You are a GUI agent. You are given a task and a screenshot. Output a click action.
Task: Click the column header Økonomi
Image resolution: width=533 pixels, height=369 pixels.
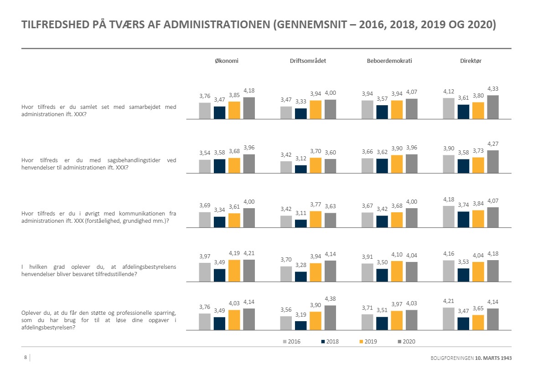click(227, 61)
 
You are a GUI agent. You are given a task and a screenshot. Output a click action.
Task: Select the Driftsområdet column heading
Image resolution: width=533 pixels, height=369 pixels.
click(308, 61)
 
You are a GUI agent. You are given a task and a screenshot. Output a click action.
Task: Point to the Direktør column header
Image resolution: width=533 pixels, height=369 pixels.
click(471, 61)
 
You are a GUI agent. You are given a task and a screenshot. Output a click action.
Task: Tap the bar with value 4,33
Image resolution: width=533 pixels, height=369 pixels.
click(492, 107)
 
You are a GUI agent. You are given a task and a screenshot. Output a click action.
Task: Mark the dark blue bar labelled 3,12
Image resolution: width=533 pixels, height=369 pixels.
click(301, 169)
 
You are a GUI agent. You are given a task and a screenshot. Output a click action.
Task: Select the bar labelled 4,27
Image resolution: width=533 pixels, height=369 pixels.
click(492, 162)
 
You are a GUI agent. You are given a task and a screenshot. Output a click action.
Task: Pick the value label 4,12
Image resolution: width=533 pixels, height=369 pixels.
click(449, 92)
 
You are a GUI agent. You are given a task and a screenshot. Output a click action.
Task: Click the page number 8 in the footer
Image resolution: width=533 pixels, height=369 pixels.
click(26, 358)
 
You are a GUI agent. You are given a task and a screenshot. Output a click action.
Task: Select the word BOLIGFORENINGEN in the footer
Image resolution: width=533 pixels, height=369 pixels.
click(451, 359)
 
